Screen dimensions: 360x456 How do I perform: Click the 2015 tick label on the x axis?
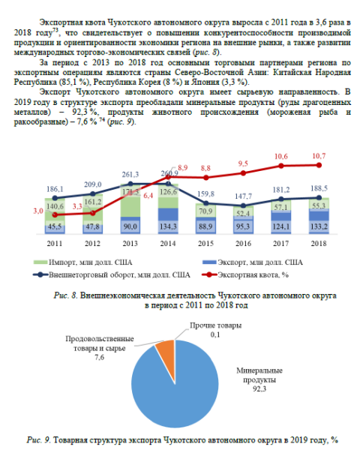[x=205, y=244]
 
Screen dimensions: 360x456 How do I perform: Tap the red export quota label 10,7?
[x=319, y=156]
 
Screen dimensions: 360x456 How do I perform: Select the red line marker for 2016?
[x=244, y=173]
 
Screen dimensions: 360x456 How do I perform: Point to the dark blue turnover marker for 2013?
[x=130, y=184]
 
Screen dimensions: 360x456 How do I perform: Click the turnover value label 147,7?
[x=243, y=196]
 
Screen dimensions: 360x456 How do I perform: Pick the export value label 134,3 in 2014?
[x=168, y=226]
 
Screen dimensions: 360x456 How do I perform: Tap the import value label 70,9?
[x=205, y=211]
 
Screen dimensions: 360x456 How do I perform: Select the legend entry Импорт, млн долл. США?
[x=83, y=262]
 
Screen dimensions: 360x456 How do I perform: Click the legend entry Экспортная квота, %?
[x=245, y=274]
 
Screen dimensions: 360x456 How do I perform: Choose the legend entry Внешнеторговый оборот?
[x=112, y=274]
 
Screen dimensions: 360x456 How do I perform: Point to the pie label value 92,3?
[x=259, y=388]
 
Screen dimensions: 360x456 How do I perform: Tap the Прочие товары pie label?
[x=215, y=325]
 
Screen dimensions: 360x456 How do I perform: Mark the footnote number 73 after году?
[x=55, y=29]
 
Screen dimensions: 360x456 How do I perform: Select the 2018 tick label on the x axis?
[x=319, y=244]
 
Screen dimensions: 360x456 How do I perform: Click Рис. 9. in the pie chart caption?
[x=39, y=439]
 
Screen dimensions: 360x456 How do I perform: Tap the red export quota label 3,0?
[x=38, y=211]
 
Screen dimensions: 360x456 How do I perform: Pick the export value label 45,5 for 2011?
[x=55, y=226]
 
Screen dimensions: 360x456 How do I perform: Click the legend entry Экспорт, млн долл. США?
[x=253, y=262]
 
